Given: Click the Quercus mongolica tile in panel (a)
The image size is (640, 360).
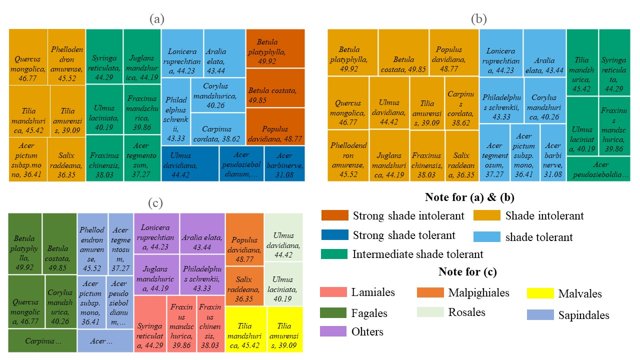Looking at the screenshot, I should tap(28, 57).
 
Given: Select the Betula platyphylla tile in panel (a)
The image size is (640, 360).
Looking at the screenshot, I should tap(275, 48).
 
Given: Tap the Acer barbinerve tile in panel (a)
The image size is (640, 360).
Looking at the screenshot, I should tap(284, 163).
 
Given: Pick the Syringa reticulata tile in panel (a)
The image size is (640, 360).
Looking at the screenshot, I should tap(104, 57).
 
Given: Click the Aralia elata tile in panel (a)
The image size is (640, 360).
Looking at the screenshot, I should tap(224, 53).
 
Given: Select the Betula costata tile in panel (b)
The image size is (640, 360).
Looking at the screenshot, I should tap(403, 52).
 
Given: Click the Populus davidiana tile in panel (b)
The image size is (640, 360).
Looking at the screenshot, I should tap(454, 52).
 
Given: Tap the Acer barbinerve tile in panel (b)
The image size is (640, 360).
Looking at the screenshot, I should tap(553, 152).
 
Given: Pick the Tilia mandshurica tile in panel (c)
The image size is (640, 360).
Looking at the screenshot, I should tap(246, 329).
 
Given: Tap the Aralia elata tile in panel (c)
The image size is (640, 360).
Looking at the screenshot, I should tap(202, 233).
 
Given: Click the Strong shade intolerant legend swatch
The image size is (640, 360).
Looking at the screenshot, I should tap(334, 216).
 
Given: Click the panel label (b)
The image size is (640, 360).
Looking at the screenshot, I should tap(479, 19).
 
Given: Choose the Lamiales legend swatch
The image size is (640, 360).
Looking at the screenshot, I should tap(332, 292).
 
